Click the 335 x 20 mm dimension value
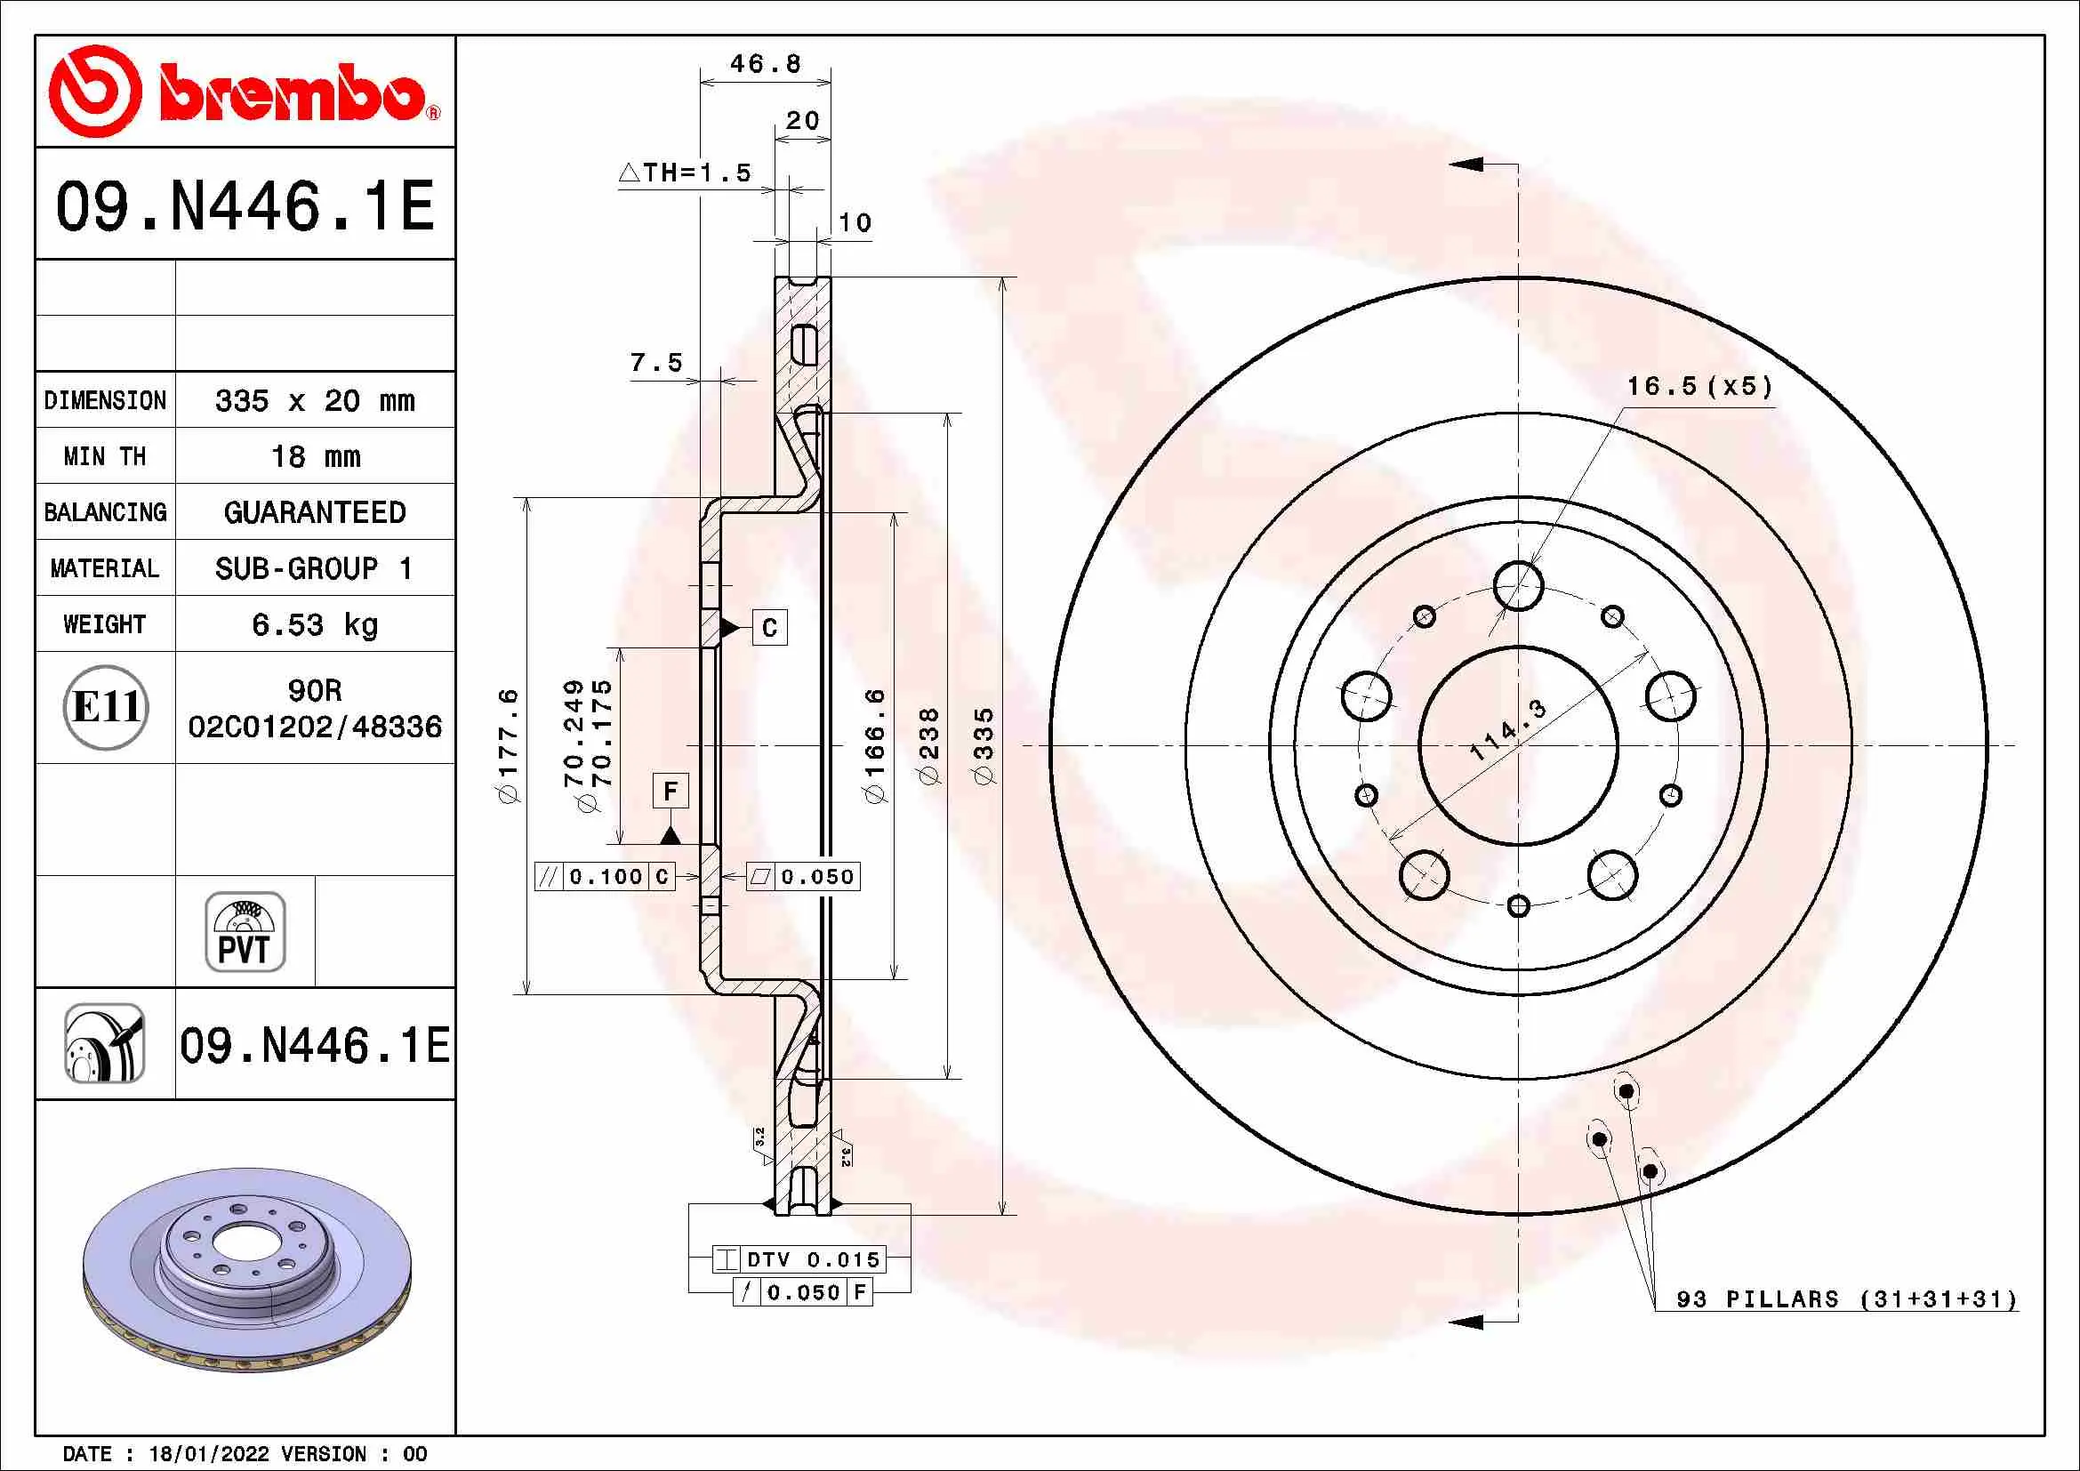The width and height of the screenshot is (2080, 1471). coord(314,400)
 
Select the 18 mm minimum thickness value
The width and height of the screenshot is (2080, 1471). coord(316,456)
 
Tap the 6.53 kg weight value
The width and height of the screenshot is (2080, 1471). coord(314,624)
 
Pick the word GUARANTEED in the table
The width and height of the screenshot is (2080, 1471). coord(314,512)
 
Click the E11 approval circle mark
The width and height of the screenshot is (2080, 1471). coord(106,707)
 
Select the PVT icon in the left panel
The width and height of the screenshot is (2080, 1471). coord(245,932)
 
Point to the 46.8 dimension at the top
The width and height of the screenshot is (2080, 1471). coord(766,63)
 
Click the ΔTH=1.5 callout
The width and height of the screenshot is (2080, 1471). coord(685,173)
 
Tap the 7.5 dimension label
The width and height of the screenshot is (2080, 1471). coord(656,362)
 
